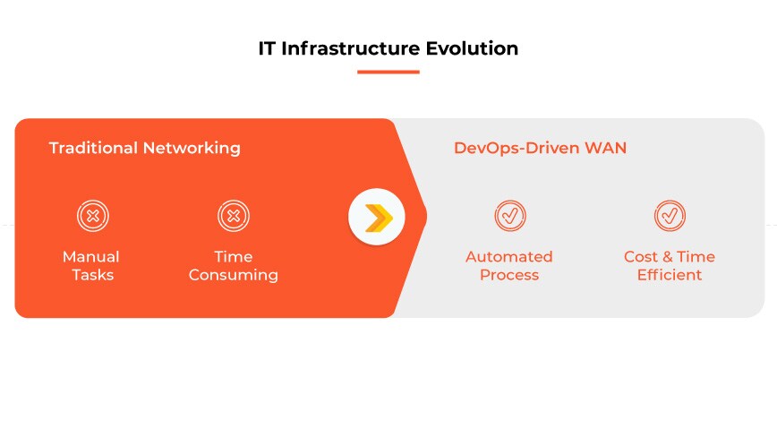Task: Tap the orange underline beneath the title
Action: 388,72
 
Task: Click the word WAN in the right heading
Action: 606,148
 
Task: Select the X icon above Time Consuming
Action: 233,216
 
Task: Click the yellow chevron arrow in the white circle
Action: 377,217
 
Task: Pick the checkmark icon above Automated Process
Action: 509,216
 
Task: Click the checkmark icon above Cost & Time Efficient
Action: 669,216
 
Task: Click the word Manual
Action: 90,257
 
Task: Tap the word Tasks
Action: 92,275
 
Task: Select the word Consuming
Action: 233,275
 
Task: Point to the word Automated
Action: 508,257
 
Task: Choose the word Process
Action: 508,275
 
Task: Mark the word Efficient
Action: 669,275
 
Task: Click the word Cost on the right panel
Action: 640,257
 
